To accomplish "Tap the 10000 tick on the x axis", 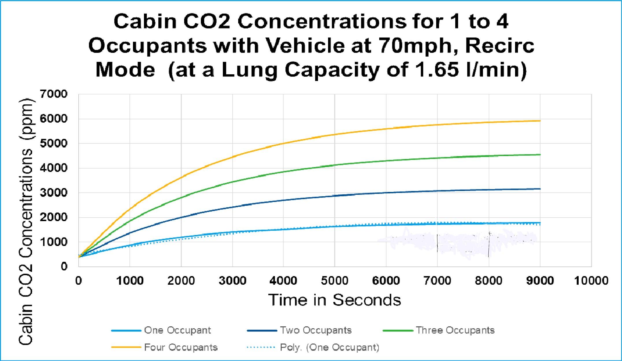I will tap(591, 281).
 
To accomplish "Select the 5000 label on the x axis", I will tap(334, 281).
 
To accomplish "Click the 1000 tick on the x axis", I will tap(130, 281).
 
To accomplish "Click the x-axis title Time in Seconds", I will tap(334, 300).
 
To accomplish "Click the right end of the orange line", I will tap(540, 121).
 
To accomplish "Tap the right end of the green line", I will tap(540, 155).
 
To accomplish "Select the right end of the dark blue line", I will tap(540, 189).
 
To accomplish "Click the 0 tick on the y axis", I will tap(64, 266).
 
